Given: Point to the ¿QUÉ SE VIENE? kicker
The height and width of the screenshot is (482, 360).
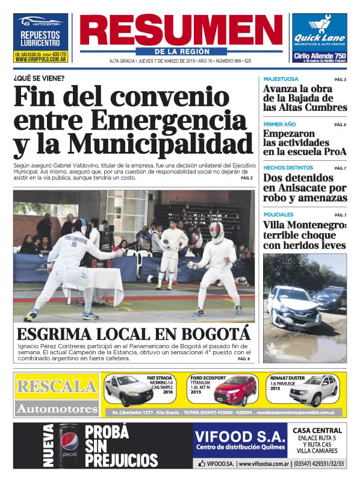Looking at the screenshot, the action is pos(39,78).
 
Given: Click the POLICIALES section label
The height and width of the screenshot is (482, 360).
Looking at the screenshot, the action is pos(279,214).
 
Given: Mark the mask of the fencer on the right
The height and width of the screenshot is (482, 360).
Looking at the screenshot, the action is pos(217,230).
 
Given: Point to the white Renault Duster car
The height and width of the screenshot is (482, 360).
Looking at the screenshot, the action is pos(313,392).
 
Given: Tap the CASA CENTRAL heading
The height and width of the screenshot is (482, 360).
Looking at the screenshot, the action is pos(317,430).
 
